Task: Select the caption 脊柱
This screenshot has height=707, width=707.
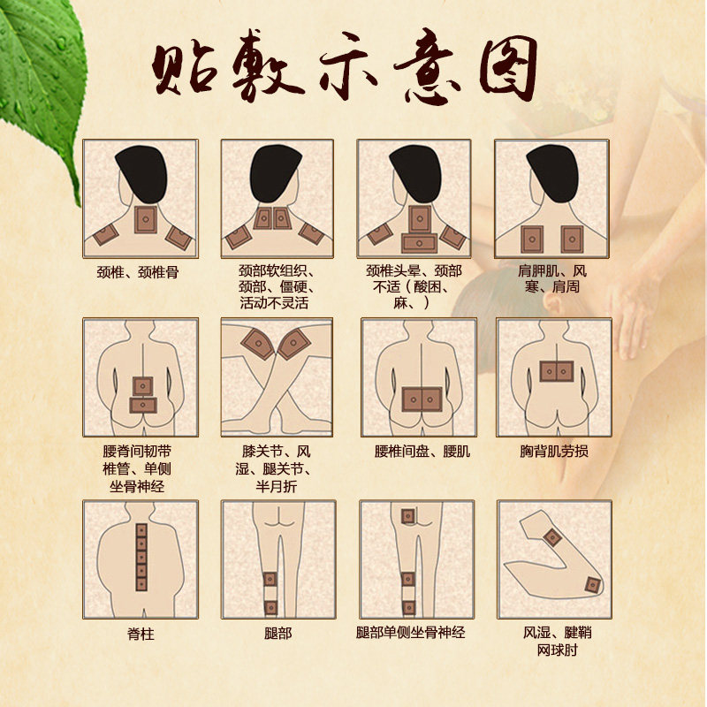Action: [x=141, y=633]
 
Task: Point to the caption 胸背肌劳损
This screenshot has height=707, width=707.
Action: [x=554, y=451]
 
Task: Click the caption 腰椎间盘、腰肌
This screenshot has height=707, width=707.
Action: [x=422, y=451]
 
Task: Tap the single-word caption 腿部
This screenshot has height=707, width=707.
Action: [x=277, y=633]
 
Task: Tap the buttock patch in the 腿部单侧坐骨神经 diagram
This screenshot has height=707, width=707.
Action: [x=407, y=516]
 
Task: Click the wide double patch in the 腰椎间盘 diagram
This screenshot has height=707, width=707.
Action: [x=422, y=399]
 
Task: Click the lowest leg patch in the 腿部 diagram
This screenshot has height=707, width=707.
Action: [x=271, y=607]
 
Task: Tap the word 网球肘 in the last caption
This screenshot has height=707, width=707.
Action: [x=553, y=650]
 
